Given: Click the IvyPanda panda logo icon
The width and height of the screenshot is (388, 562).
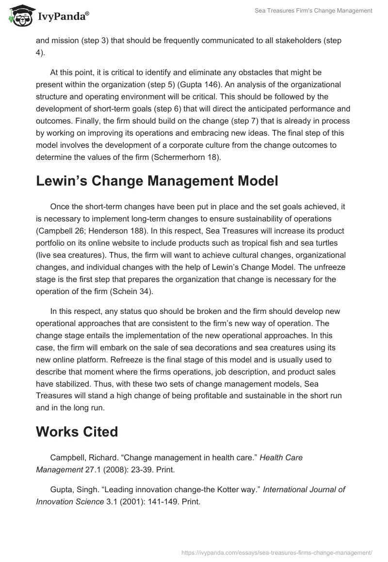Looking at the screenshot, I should click(20, 15).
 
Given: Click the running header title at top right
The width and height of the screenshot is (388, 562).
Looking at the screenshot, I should click(313, 11).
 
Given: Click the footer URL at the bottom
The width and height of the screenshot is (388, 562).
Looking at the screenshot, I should click(276, 552).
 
